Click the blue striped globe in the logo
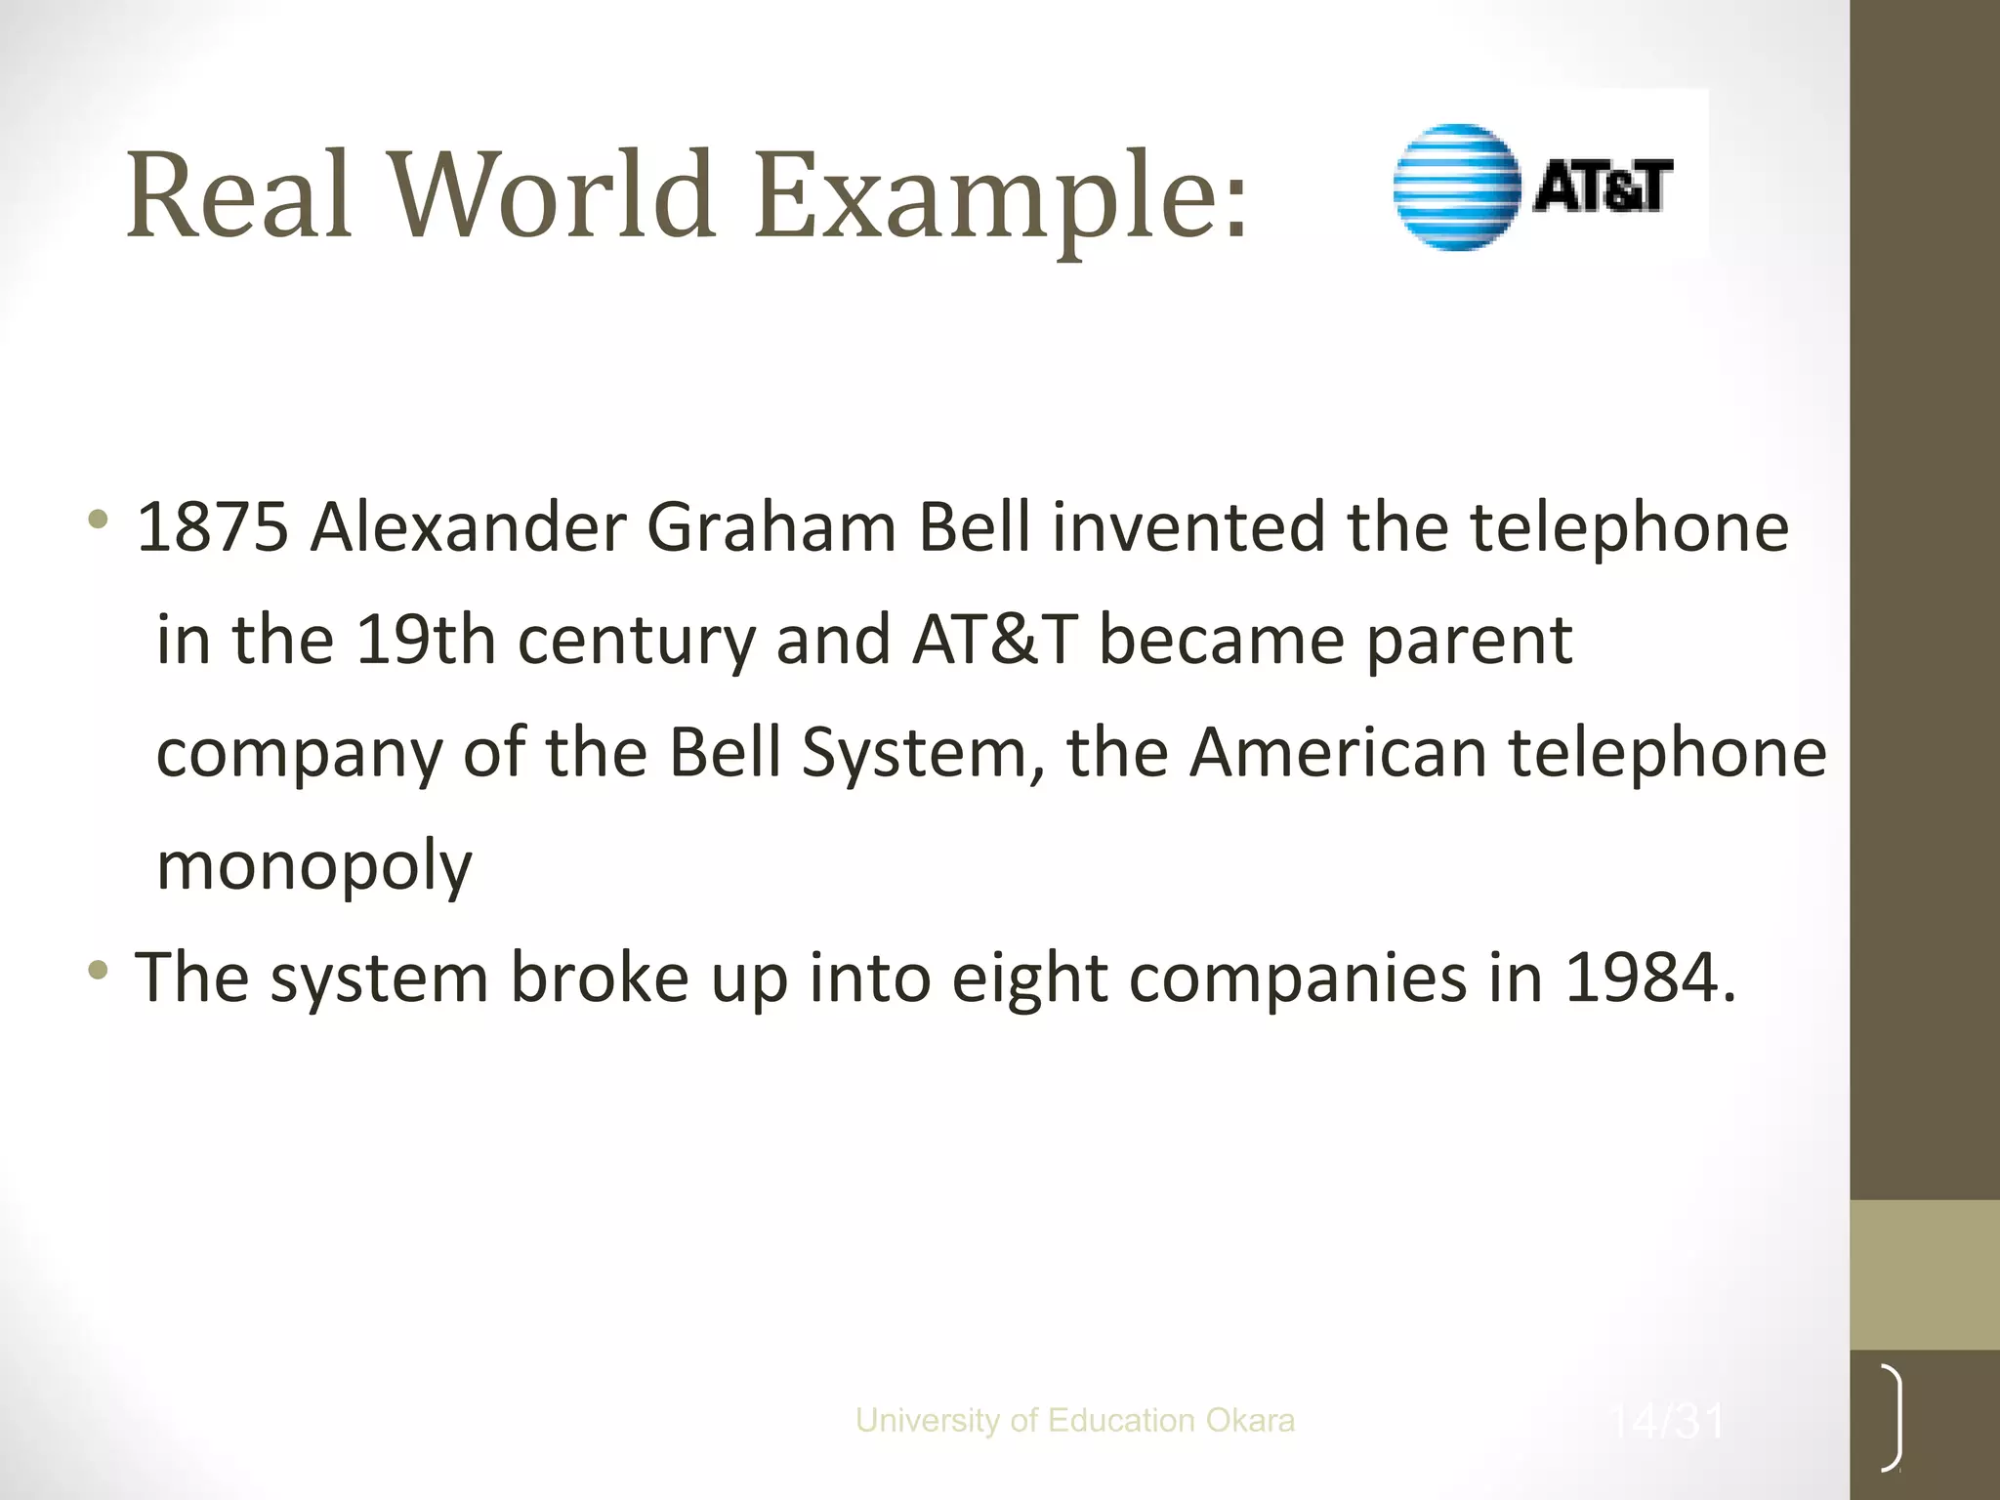[1456, 187]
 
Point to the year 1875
[213, 528]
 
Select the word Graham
[771, 528]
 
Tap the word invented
[1187, 528]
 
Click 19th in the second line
[426, 641]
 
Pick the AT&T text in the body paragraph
[993, 641]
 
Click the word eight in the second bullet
[1029, 979]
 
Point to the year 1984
[1649, 978]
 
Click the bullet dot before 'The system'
[98, 971]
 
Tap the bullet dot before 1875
[98, 520]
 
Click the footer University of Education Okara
[1074, 1420]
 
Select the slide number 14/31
[1667, 1421]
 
